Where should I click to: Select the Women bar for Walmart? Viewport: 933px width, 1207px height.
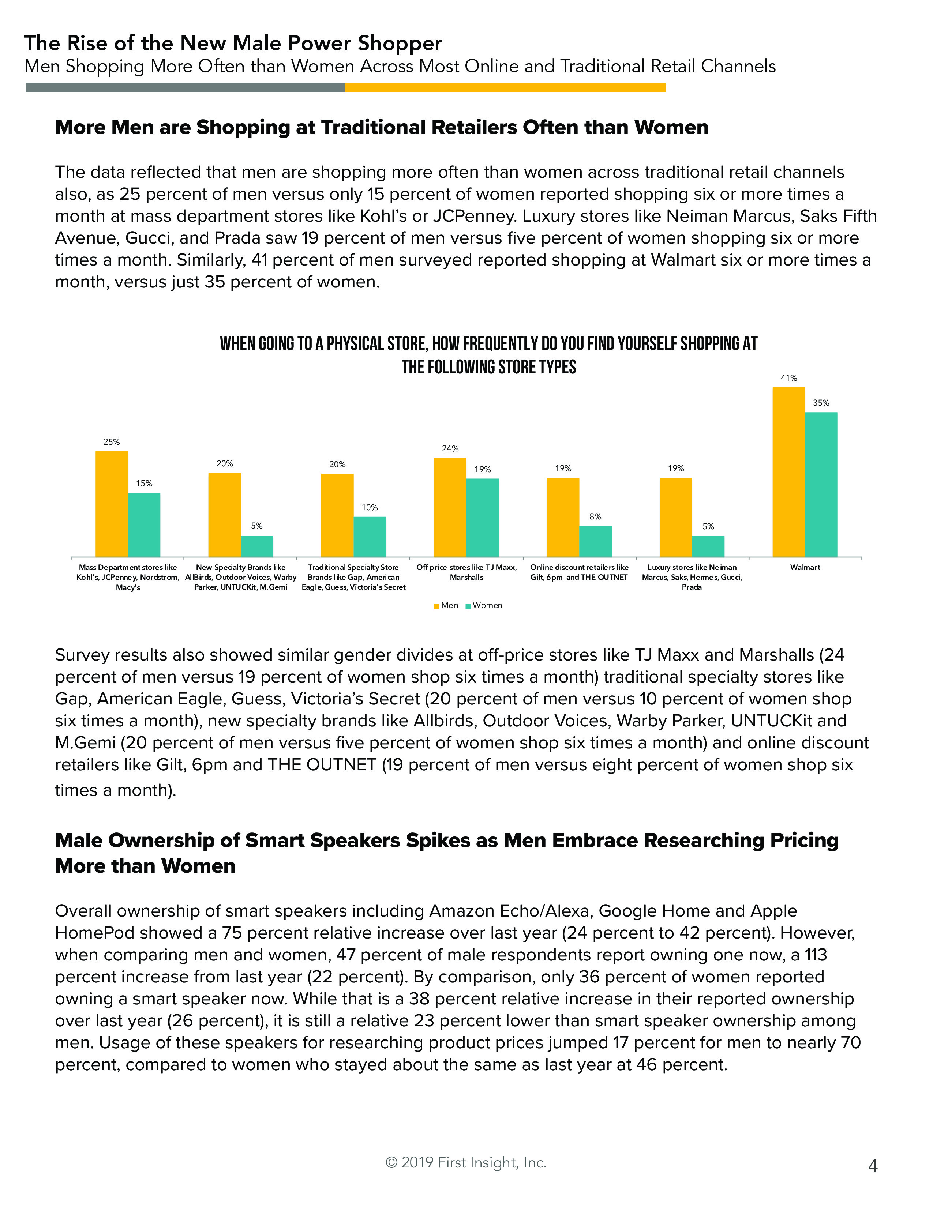[821, 484]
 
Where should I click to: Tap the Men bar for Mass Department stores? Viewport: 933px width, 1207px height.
[112, 504]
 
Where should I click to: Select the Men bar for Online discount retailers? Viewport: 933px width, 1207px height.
[563, 517]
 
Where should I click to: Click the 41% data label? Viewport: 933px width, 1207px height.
[789, 378]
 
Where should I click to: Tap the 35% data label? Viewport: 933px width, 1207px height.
[821, 403]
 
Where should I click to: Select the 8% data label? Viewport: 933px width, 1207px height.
[595, 516]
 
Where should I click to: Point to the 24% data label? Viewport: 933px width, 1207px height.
[450, 448]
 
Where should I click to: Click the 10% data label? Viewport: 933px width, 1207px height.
[370, 507]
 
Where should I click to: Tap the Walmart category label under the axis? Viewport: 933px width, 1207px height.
[805, 567]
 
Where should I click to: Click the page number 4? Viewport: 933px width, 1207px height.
[873, 1166]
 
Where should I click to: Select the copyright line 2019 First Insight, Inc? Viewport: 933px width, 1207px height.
[466, 1162]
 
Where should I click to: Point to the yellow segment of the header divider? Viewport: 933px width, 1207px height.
[505, 87]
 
